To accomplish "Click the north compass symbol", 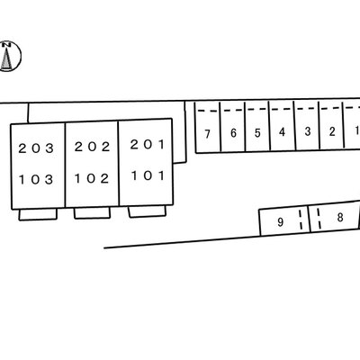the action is point(9,56).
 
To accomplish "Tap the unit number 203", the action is point(36,148).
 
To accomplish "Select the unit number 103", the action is point(36,180).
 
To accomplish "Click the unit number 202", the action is point(93,147).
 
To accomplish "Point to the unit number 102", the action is point(92,178).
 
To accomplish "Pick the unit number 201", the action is point(148,145).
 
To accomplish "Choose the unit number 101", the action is point(148,175).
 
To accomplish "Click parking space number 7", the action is point(207,134).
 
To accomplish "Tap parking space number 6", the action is point(233,133).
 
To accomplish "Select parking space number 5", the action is point(257,132).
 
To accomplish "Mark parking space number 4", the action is point(282,131).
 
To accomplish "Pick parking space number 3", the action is point(308,131).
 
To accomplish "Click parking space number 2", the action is point(332,131).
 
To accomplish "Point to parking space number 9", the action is point(281,222).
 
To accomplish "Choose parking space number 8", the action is point(340,217).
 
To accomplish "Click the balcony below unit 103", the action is point(38,214).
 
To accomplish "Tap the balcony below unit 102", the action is point(92,212).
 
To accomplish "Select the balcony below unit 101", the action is point(147,211).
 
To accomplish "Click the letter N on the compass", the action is point(6,45).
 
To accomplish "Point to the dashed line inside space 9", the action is point(301,220).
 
